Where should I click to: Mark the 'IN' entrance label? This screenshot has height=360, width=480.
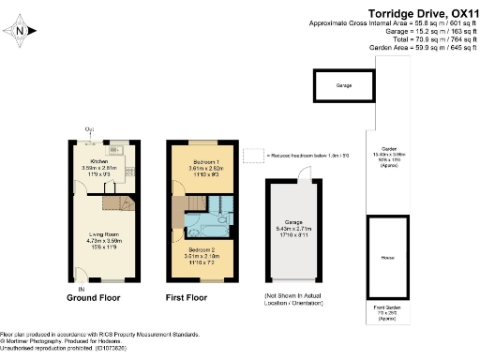82,275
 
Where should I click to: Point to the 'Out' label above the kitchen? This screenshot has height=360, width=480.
89,129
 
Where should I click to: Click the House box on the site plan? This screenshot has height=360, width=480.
386,256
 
